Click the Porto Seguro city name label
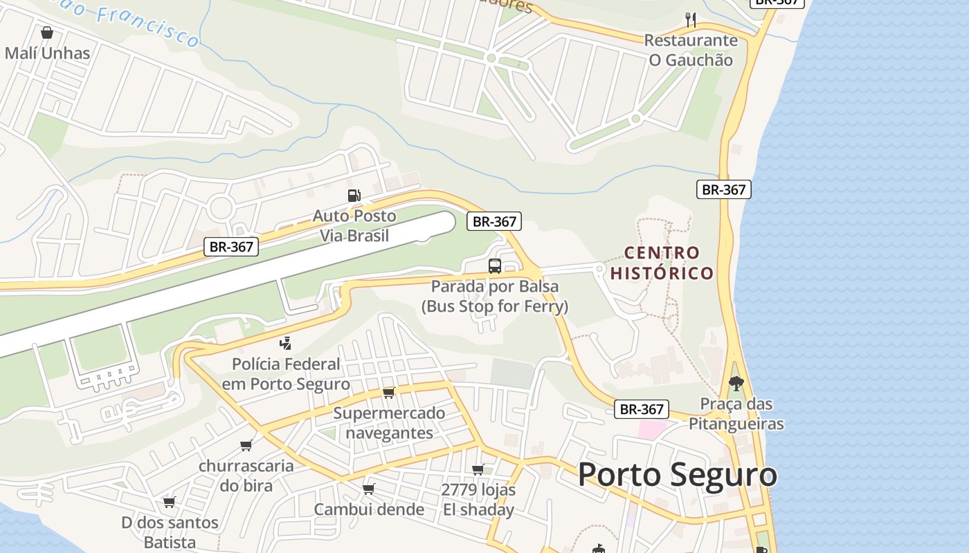(x=677, y=475)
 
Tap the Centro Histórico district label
(x=661, y=263)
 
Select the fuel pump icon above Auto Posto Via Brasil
(x=354, y=196)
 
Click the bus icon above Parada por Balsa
(x=494, y=265)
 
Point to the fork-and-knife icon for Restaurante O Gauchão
(x=690, y=19)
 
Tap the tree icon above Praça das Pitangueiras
(x=736, y=382)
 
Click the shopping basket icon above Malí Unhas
(x=46, y=32)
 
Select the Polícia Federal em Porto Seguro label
(x=286, y=374)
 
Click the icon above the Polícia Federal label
(x=285, y=343)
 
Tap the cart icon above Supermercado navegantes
(x=388, y=393)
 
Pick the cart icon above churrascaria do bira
(x=246, y=445)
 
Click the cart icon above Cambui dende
(x=368, y=489)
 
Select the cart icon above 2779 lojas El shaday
(x=478, y=470)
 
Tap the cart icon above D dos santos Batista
(x=169, y=502)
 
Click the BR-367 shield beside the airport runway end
(x=494, y=221)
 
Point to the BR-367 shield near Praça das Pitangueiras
(x=642, y=409)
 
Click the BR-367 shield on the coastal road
(x=723, y=189)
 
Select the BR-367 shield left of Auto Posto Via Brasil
(x=231, y=246)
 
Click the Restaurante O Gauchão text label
(x=690, y=50)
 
